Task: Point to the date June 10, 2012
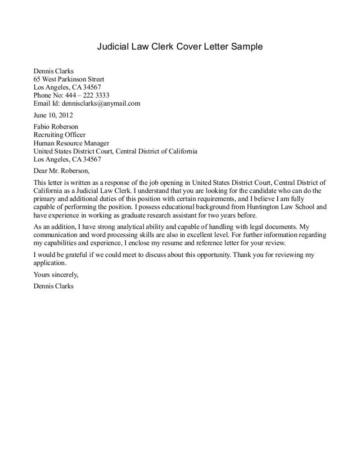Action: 53,115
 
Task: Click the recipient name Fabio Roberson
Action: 56,127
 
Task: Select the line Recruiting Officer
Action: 59,135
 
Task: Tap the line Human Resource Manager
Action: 71,143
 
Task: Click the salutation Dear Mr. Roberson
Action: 62,171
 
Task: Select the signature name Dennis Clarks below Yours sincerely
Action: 54,286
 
